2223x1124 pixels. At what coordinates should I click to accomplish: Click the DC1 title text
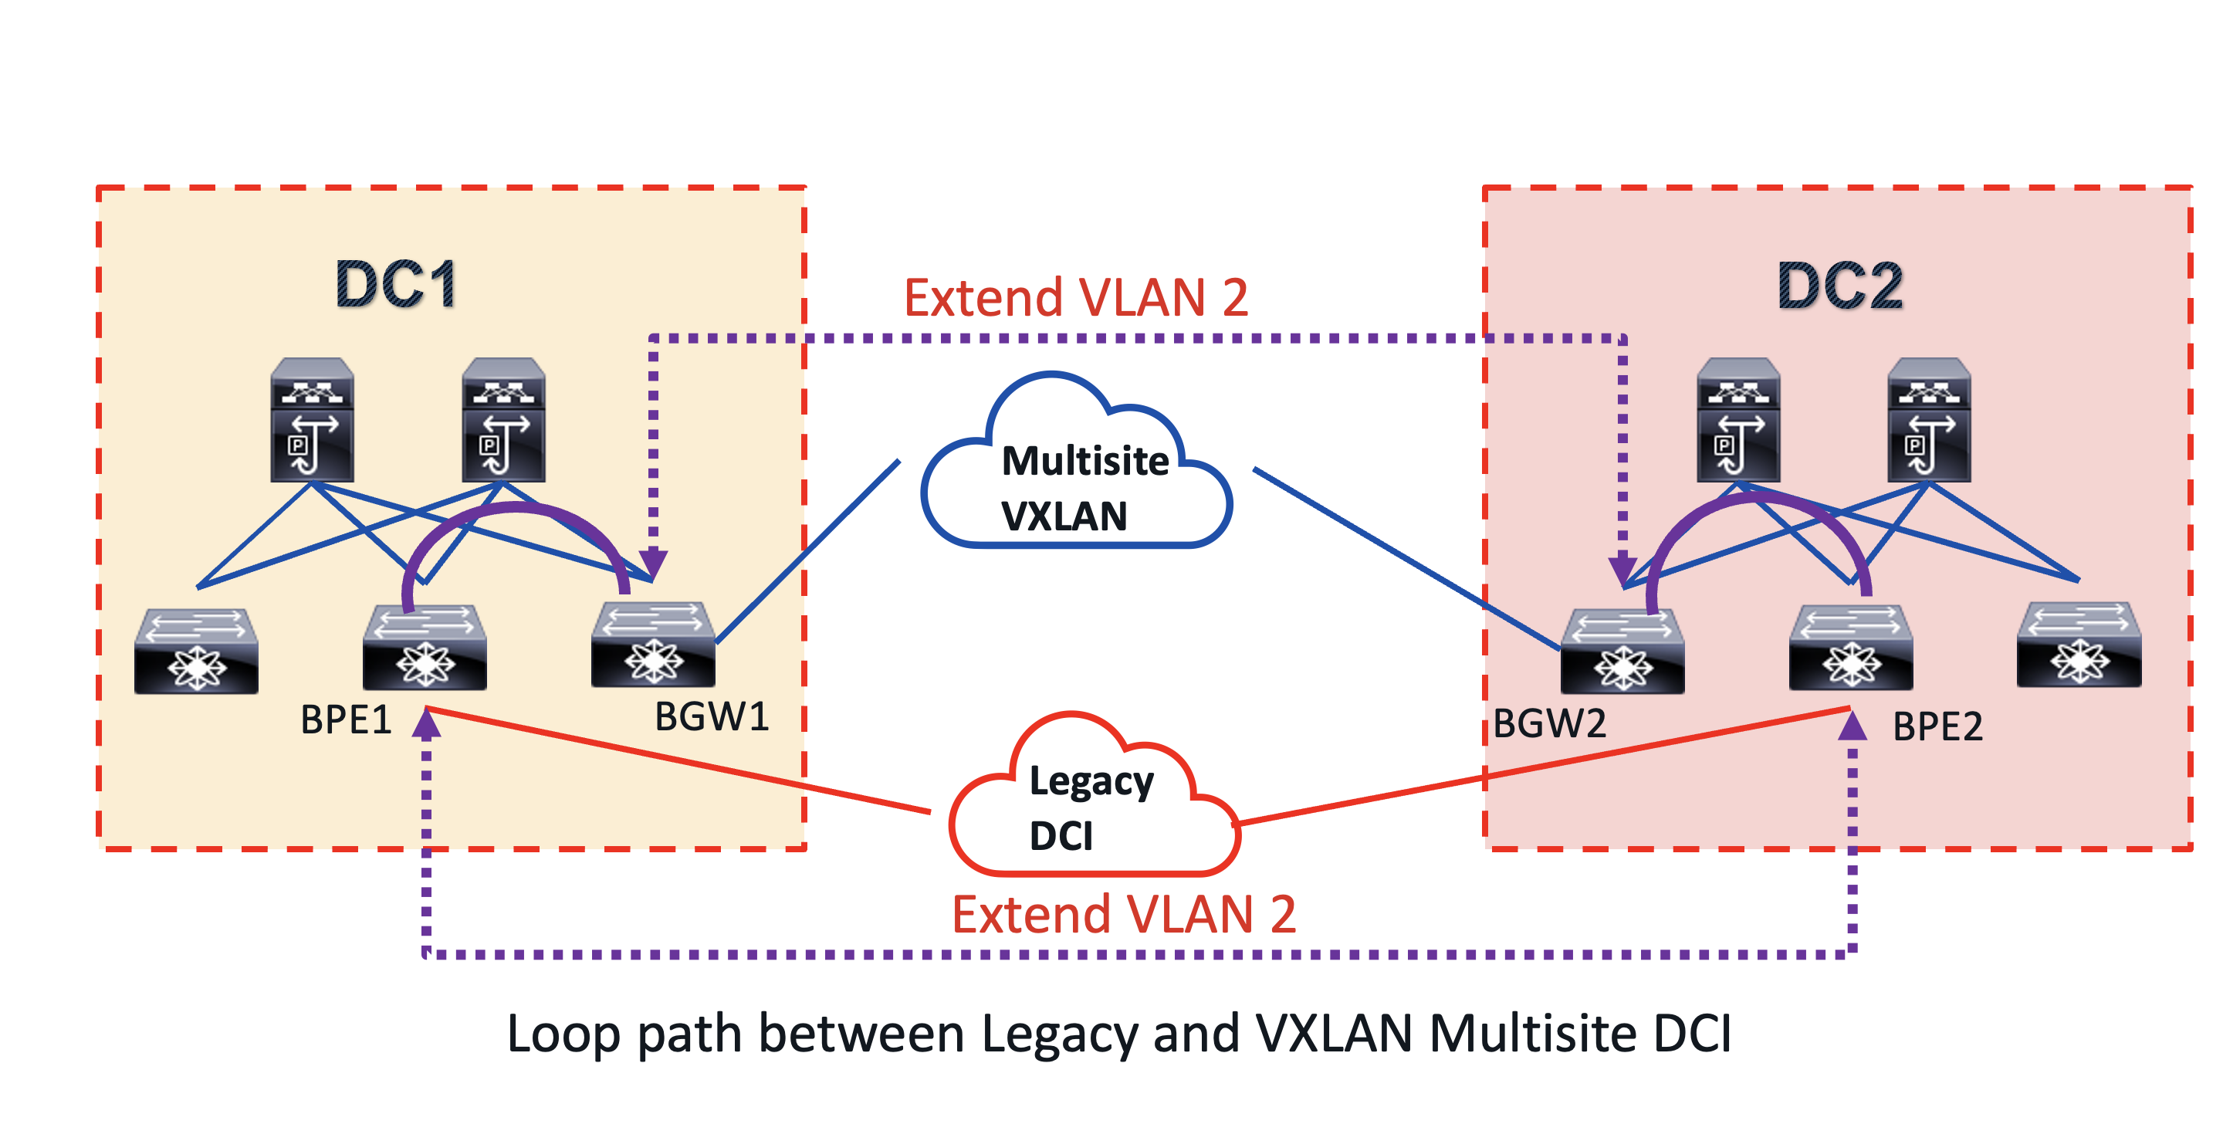coord(396,284)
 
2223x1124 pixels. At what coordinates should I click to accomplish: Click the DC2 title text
coord(1840,286)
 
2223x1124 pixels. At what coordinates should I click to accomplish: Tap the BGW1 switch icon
coord(653,645)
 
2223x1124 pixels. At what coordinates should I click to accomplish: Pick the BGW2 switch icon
coord(1622,652)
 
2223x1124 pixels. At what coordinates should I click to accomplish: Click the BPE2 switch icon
coord(1851,648)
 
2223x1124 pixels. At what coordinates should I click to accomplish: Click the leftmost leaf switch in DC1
coord(196,651)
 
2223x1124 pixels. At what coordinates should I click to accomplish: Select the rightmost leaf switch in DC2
coord(2079,645)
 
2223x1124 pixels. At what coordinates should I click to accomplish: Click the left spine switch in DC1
coord(312,421)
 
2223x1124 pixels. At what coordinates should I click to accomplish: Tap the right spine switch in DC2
coord(1929,421)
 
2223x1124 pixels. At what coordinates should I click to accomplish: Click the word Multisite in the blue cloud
coord(1084,461)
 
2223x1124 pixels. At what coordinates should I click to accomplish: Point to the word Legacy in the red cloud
coord(1091,782)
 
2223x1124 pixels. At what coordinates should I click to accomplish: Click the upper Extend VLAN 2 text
coord(1075,298)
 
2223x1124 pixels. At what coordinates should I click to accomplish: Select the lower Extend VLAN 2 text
coord(1123,914)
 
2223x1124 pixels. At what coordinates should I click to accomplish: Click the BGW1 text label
coord(711,716)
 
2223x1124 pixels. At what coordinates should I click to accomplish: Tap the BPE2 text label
coord(1937,727)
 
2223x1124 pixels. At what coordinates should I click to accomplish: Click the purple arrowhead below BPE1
coord(426,725)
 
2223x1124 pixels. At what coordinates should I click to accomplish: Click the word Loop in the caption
coord(563,1034)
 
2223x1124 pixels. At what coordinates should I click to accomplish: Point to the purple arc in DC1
coord(516,510)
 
